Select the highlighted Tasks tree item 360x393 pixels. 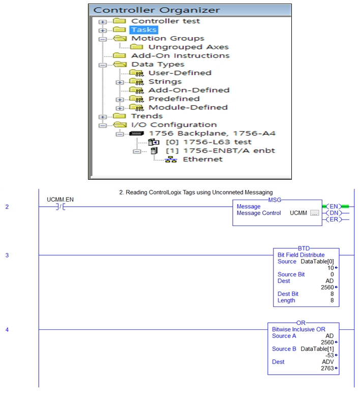144,30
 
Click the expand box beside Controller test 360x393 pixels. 102,22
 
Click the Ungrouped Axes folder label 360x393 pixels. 189,47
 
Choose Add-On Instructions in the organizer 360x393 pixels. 180,55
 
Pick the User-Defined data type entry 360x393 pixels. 180,73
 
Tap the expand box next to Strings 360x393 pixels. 119,82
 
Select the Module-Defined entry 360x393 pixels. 188,107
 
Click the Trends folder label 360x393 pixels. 147,116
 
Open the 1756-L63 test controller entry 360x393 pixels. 208,142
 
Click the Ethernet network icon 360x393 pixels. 171,159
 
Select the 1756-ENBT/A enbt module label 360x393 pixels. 220,151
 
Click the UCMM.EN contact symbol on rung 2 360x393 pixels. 61,207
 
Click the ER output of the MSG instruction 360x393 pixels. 334,219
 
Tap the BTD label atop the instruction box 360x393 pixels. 304,248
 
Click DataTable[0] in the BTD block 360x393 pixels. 317,262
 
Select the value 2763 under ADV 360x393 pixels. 327,368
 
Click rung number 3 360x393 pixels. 7,256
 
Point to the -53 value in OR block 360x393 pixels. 329,355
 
